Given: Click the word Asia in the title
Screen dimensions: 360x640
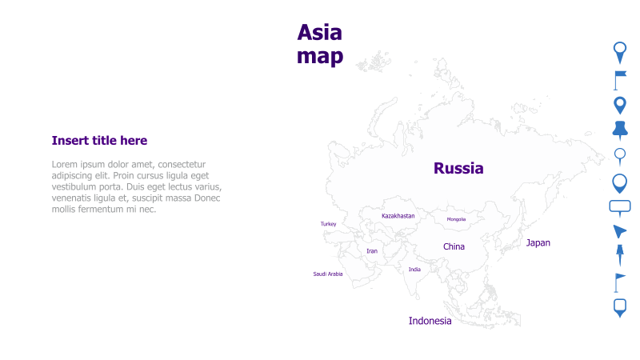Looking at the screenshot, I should click(x=319, y=32).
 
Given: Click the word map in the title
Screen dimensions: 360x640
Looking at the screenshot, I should click(x=319, y=56).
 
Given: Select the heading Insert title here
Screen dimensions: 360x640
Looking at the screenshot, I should click(x=99, y=141).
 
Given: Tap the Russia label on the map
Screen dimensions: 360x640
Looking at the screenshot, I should click(x=458, y=168).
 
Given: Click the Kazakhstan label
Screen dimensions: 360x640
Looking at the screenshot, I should click(x=398, y=216).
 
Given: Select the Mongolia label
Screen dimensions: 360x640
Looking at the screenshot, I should click(x=456, y=219).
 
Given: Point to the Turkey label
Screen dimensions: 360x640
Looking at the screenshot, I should click(x=328, y=224).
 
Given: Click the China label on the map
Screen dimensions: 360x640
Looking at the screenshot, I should click(x=454, y=246).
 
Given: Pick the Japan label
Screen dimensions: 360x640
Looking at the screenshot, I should click(x=538, y=242).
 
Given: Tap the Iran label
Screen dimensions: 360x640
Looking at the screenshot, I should click(x=371, y=251).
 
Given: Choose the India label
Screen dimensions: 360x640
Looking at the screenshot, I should click(x=414, y=270).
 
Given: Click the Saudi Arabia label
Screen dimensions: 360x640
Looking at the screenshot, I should click(x=327, y=274).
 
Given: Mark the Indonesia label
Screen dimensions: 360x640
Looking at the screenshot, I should click(x=430, y=321).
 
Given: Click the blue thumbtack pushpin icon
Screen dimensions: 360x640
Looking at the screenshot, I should click(x=619, y=130).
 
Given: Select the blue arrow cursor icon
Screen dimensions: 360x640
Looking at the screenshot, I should click(x=619, y=232).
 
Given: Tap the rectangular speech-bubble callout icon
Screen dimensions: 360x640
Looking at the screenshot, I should click(x=620, y=207).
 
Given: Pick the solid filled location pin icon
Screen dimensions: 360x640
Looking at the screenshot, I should click(x=619, y=105).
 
